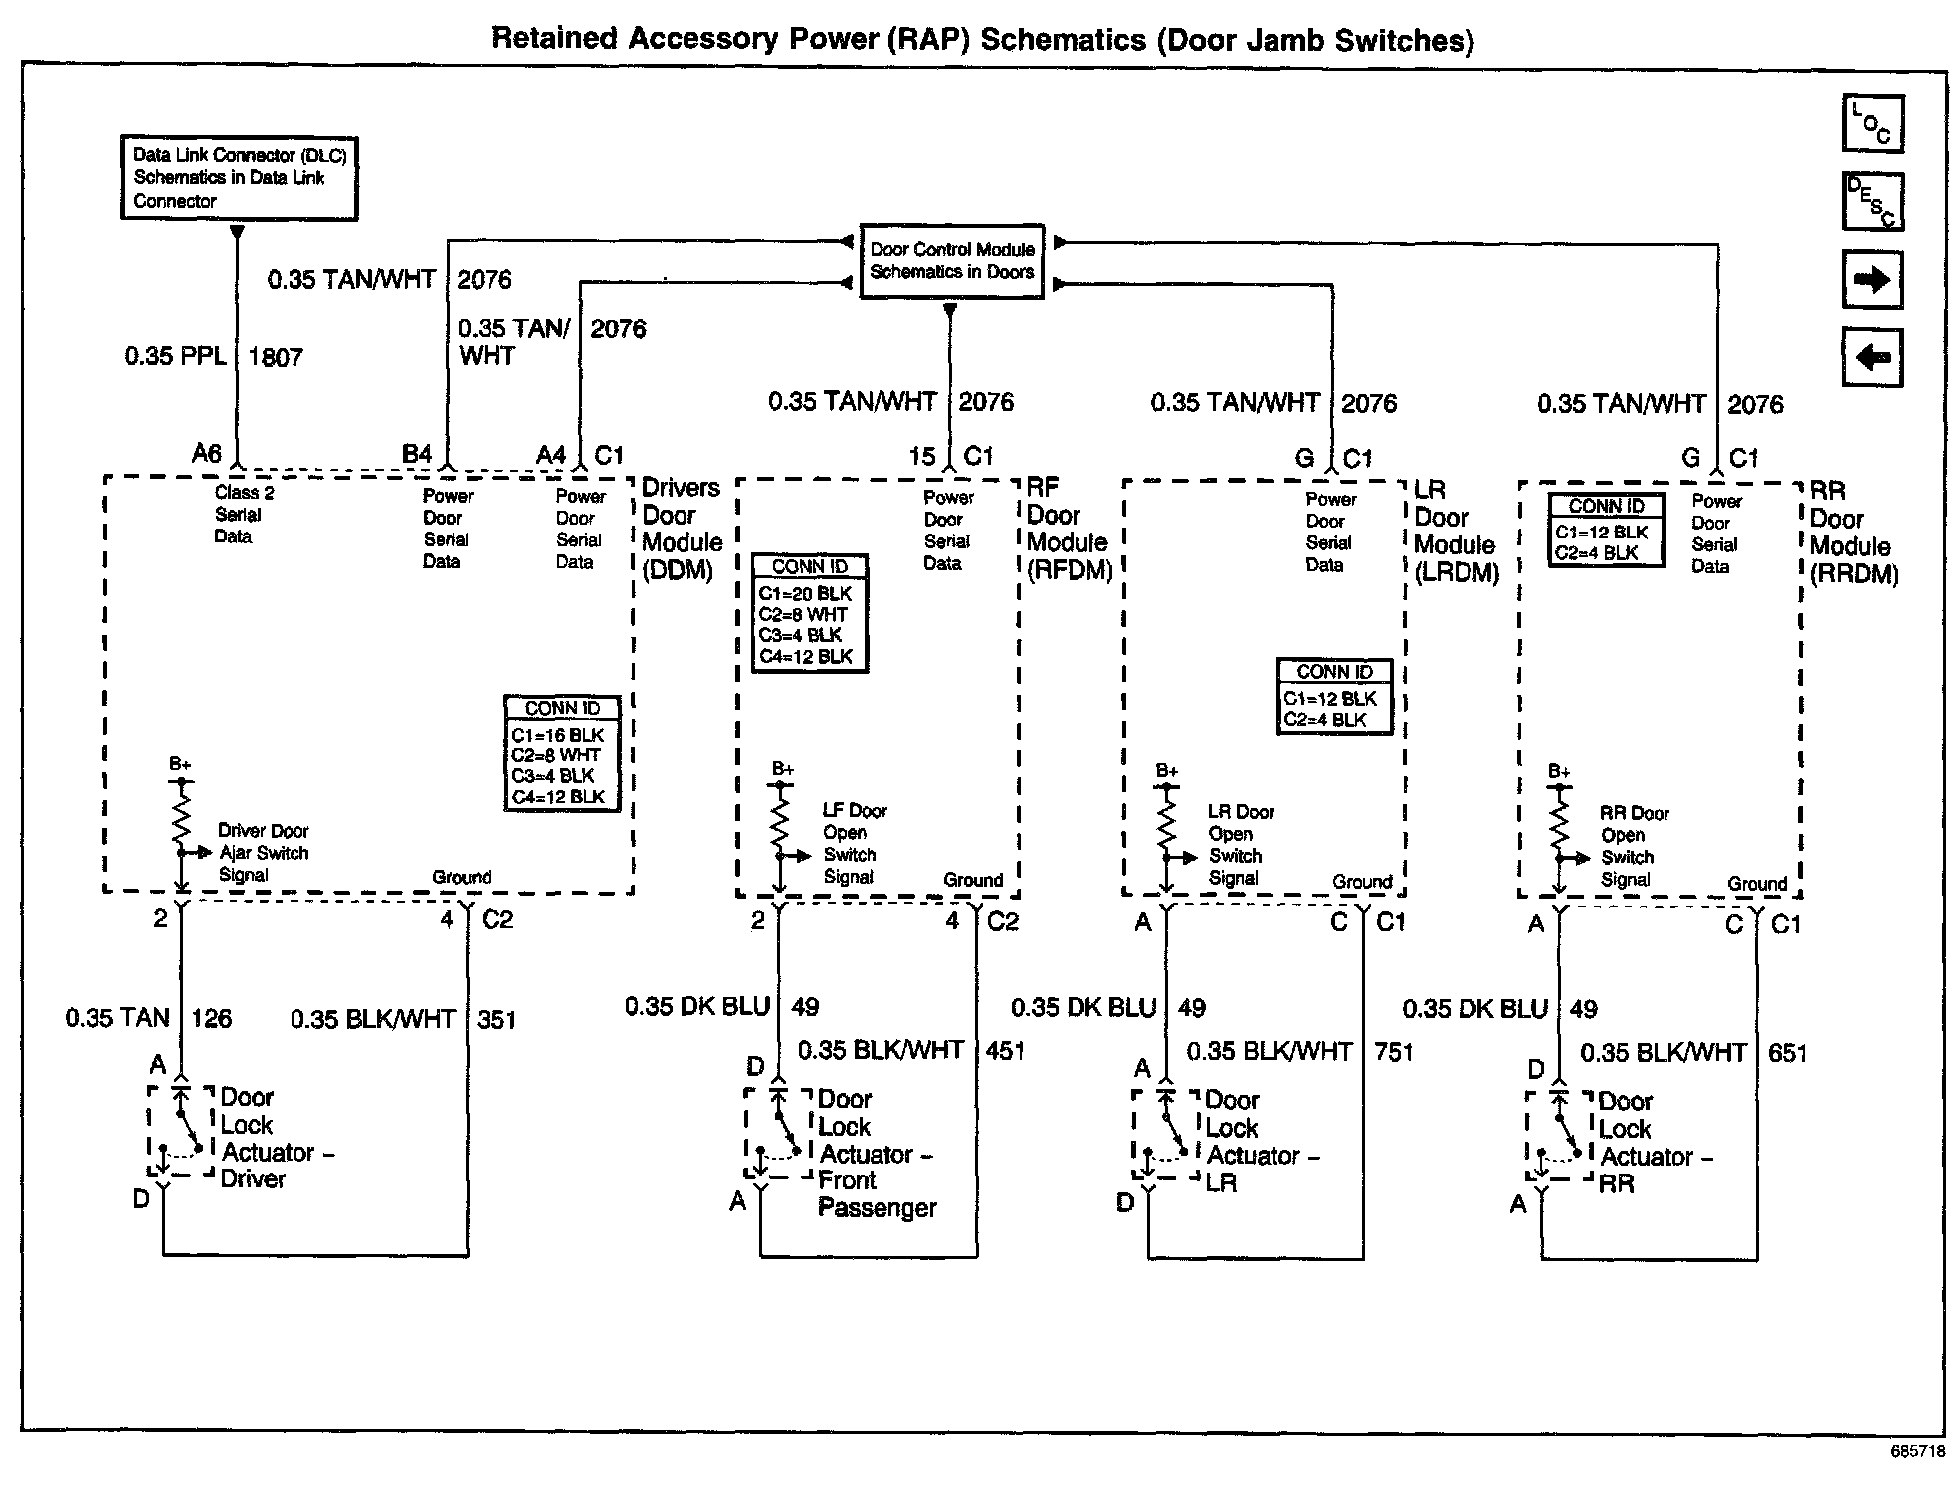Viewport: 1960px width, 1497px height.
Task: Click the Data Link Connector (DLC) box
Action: click(x=239, y=178)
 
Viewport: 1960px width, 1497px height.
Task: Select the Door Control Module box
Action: click(x=951, y=261)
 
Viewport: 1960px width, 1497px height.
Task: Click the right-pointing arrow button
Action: click(x=1872, y=280)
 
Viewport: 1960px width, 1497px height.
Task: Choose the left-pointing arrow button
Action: click(x=1872, y=356)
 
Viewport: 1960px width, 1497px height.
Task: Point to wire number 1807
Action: click(x=276, y=357)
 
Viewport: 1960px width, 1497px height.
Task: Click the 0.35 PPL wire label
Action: click(x=176, y=356)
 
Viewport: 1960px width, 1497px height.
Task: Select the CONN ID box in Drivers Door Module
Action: click(x=562, y=753)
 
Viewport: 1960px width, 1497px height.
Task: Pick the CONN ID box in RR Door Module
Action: click(x=1606, y=531)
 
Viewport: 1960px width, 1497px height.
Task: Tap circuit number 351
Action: click(x=496, y=1020)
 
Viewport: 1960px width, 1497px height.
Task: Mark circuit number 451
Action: click(x=1005, y=1051)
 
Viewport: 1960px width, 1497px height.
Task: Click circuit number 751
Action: click(x=1393, y=1052)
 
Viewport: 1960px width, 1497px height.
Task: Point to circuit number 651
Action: click(x=1787, y=1053)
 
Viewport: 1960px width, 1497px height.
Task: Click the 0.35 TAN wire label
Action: click(x=118, y=1018)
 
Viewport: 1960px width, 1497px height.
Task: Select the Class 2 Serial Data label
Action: click(x=242, y=515)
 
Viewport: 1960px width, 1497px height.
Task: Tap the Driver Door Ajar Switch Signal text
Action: click(x=263, y=853)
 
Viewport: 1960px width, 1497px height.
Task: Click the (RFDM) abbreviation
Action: click(x=1070, y=570)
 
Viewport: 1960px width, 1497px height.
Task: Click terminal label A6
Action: click(x=207, y=454)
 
